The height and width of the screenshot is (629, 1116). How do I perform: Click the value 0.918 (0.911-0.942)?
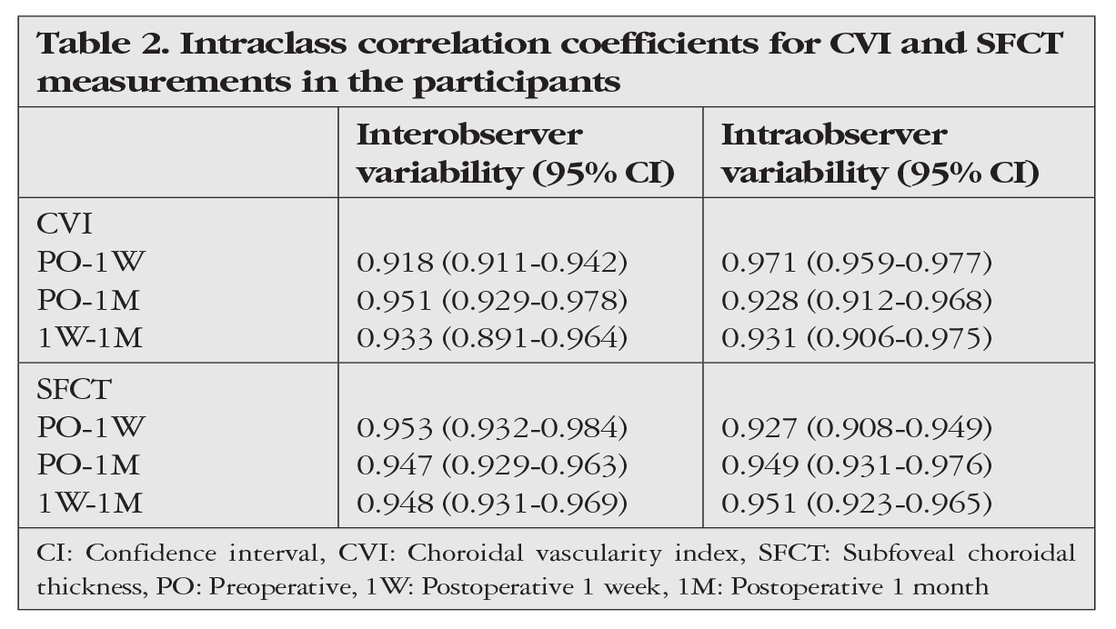[x=492, y=263]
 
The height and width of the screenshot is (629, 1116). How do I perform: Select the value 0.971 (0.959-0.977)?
[x=857, y=263]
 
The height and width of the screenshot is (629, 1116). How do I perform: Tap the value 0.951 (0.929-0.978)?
[x=492, y=300]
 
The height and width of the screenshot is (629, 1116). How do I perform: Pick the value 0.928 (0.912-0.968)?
[x=857, y=300]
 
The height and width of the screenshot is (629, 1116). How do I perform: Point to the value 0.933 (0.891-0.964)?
[x=492, y=337]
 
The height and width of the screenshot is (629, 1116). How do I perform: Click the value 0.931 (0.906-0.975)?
[x=857, y=337]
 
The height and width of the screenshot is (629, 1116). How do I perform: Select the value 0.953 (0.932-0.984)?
[x=492, y=428]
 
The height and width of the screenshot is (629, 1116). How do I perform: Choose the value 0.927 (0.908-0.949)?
[x=857, y=428]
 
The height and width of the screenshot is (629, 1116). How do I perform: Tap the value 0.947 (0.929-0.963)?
[x=492, y=465]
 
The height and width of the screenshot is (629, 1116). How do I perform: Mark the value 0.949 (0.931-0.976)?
[x=857, y=465]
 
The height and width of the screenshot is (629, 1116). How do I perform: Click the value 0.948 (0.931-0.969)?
[x=492, y=503]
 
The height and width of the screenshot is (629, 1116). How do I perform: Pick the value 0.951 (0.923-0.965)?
[x=857, y=503]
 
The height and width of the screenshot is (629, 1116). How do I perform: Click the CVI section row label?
[x=65, y=225]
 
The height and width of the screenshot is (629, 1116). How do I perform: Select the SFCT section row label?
[x=74, y=389]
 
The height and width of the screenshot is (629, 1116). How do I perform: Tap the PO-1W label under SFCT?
[x=91, y=427]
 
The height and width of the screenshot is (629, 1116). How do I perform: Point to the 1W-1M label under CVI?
[x=90, y=337]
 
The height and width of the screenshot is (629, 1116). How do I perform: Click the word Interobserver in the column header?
[x=469, y=135]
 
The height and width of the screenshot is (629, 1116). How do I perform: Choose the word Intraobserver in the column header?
[x=834, y=135]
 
